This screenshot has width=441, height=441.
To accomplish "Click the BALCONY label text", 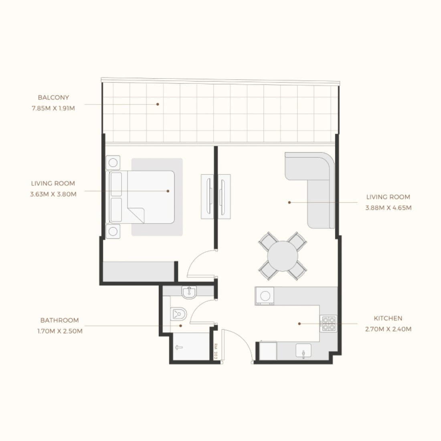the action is pos(53,97).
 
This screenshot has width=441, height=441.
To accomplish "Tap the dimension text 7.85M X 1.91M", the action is pos(53,108).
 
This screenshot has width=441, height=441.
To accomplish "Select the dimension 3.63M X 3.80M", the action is pos(53,194).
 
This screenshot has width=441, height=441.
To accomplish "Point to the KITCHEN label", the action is pos(388,318).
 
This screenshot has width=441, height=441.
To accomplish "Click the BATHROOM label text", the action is pos(60,320).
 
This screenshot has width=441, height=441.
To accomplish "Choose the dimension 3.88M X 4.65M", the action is pos(388,208).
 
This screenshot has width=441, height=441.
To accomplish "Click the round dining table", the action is pos(283,256).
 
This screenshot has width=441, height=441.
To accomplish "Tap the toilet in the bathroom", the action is pos(178,314).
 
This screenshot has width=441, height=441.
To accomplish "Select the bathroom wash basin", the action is pos(189,293).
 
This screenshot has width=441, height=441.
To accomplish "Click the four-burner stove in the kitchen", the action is pos(329,324).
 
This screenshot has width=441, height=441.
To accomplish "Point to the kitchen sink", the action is pos(303,351).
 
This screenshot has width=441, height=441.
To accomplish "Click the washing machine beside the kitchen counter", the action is pos(264,296).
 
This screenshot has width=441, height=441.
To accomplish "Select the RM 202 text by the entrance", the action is pos(216,351).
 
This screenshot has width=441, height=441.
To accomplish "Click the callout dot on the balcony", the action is pos(158,104).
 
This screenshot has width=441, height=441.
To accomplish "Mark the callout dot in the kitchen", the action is pos(299,324).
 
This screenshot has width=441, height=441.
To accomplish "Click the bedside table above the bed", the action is pos(113,162).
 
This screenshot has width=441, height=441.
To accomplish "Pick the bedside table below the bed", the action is pos(113,231).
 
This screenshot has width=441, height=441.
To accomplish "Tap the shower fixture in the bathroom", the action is pos(178,348).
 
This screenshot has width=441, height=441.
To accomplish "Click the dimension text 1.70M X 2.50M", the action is pos(60,331).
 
